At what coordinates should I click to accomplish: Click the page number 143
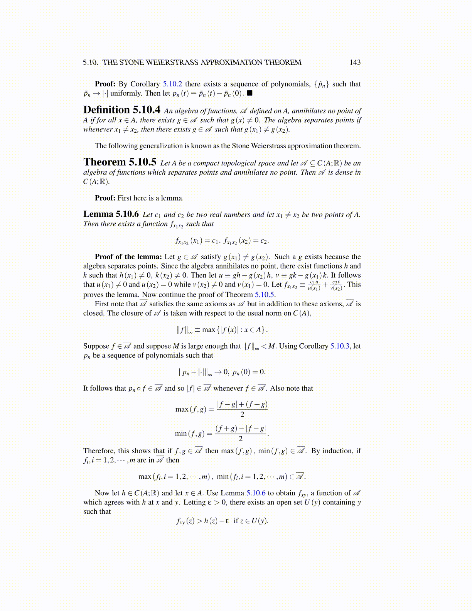355,62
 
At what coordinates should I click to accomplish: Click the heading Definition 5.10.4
122,110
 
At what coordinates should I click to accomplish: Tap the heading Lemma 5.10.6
111,214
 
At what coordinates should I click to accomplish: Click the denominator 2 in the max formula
242,415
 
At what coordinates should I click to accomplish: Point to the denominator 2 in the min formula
241,439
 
